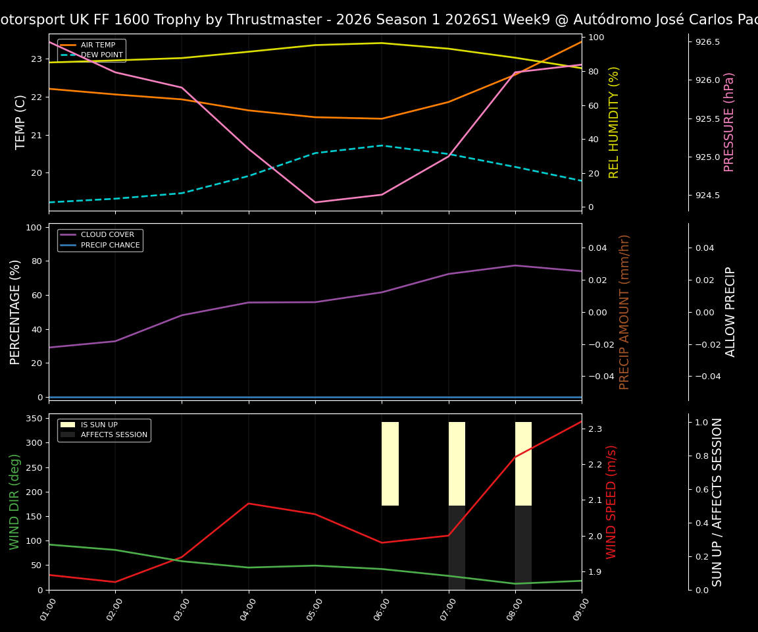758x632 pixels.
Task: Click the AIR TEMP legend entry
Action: pyautogui.click(x=97, y=45)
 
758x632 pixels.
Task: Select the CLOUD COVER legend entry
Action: pyautogui.click(x=107, y=235)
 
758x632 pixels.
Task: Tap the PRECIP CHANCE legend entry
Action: pyautogui.click(x=110, y=246)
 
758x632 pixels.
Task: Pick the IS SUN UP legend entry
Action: pyautogui.click(x=99, y=425)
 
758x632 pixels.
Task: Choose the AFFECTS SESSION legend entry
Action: pyautogui.click(x=114, y=435)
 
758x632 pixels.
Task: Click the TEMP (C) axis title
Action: pyautogui.click(x=21, y=122)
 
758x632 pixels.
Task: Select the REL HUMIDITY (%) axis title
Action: pyautogui.click(x=614, y=122)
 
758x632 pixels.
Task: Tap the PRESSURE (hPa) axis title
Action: pyautogui.click(x=729, y=122)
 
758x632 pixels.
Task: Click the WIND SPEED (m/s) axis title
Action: pyautogui.click(x=612, y=502)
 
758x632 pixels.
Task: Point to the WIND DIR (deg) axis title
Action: pyautogui.click(x=14, y=502)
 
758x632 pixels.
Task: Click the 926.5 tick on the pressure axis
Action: pyautogui.click(x=707, y=42)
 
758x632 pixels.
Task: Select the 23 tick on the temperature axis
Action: pyautogui.click(x=36, y=59)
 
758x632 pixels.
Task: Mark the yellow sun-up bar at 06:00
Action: pyautogui.click(x=390, y=463)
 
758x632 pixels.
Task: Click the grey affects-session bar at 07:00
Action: pyautogui.click(x=457, y=547)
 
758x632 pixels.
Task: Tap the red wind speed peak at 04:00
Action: pyautogui.click(x=248, y=504)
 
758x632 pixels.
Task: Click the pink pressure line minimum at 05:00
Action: pyautogui.click(x=315, y=202)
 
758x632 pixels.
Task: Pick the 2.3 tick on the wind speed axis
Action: pyautogui.click(x=594, y=429)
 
